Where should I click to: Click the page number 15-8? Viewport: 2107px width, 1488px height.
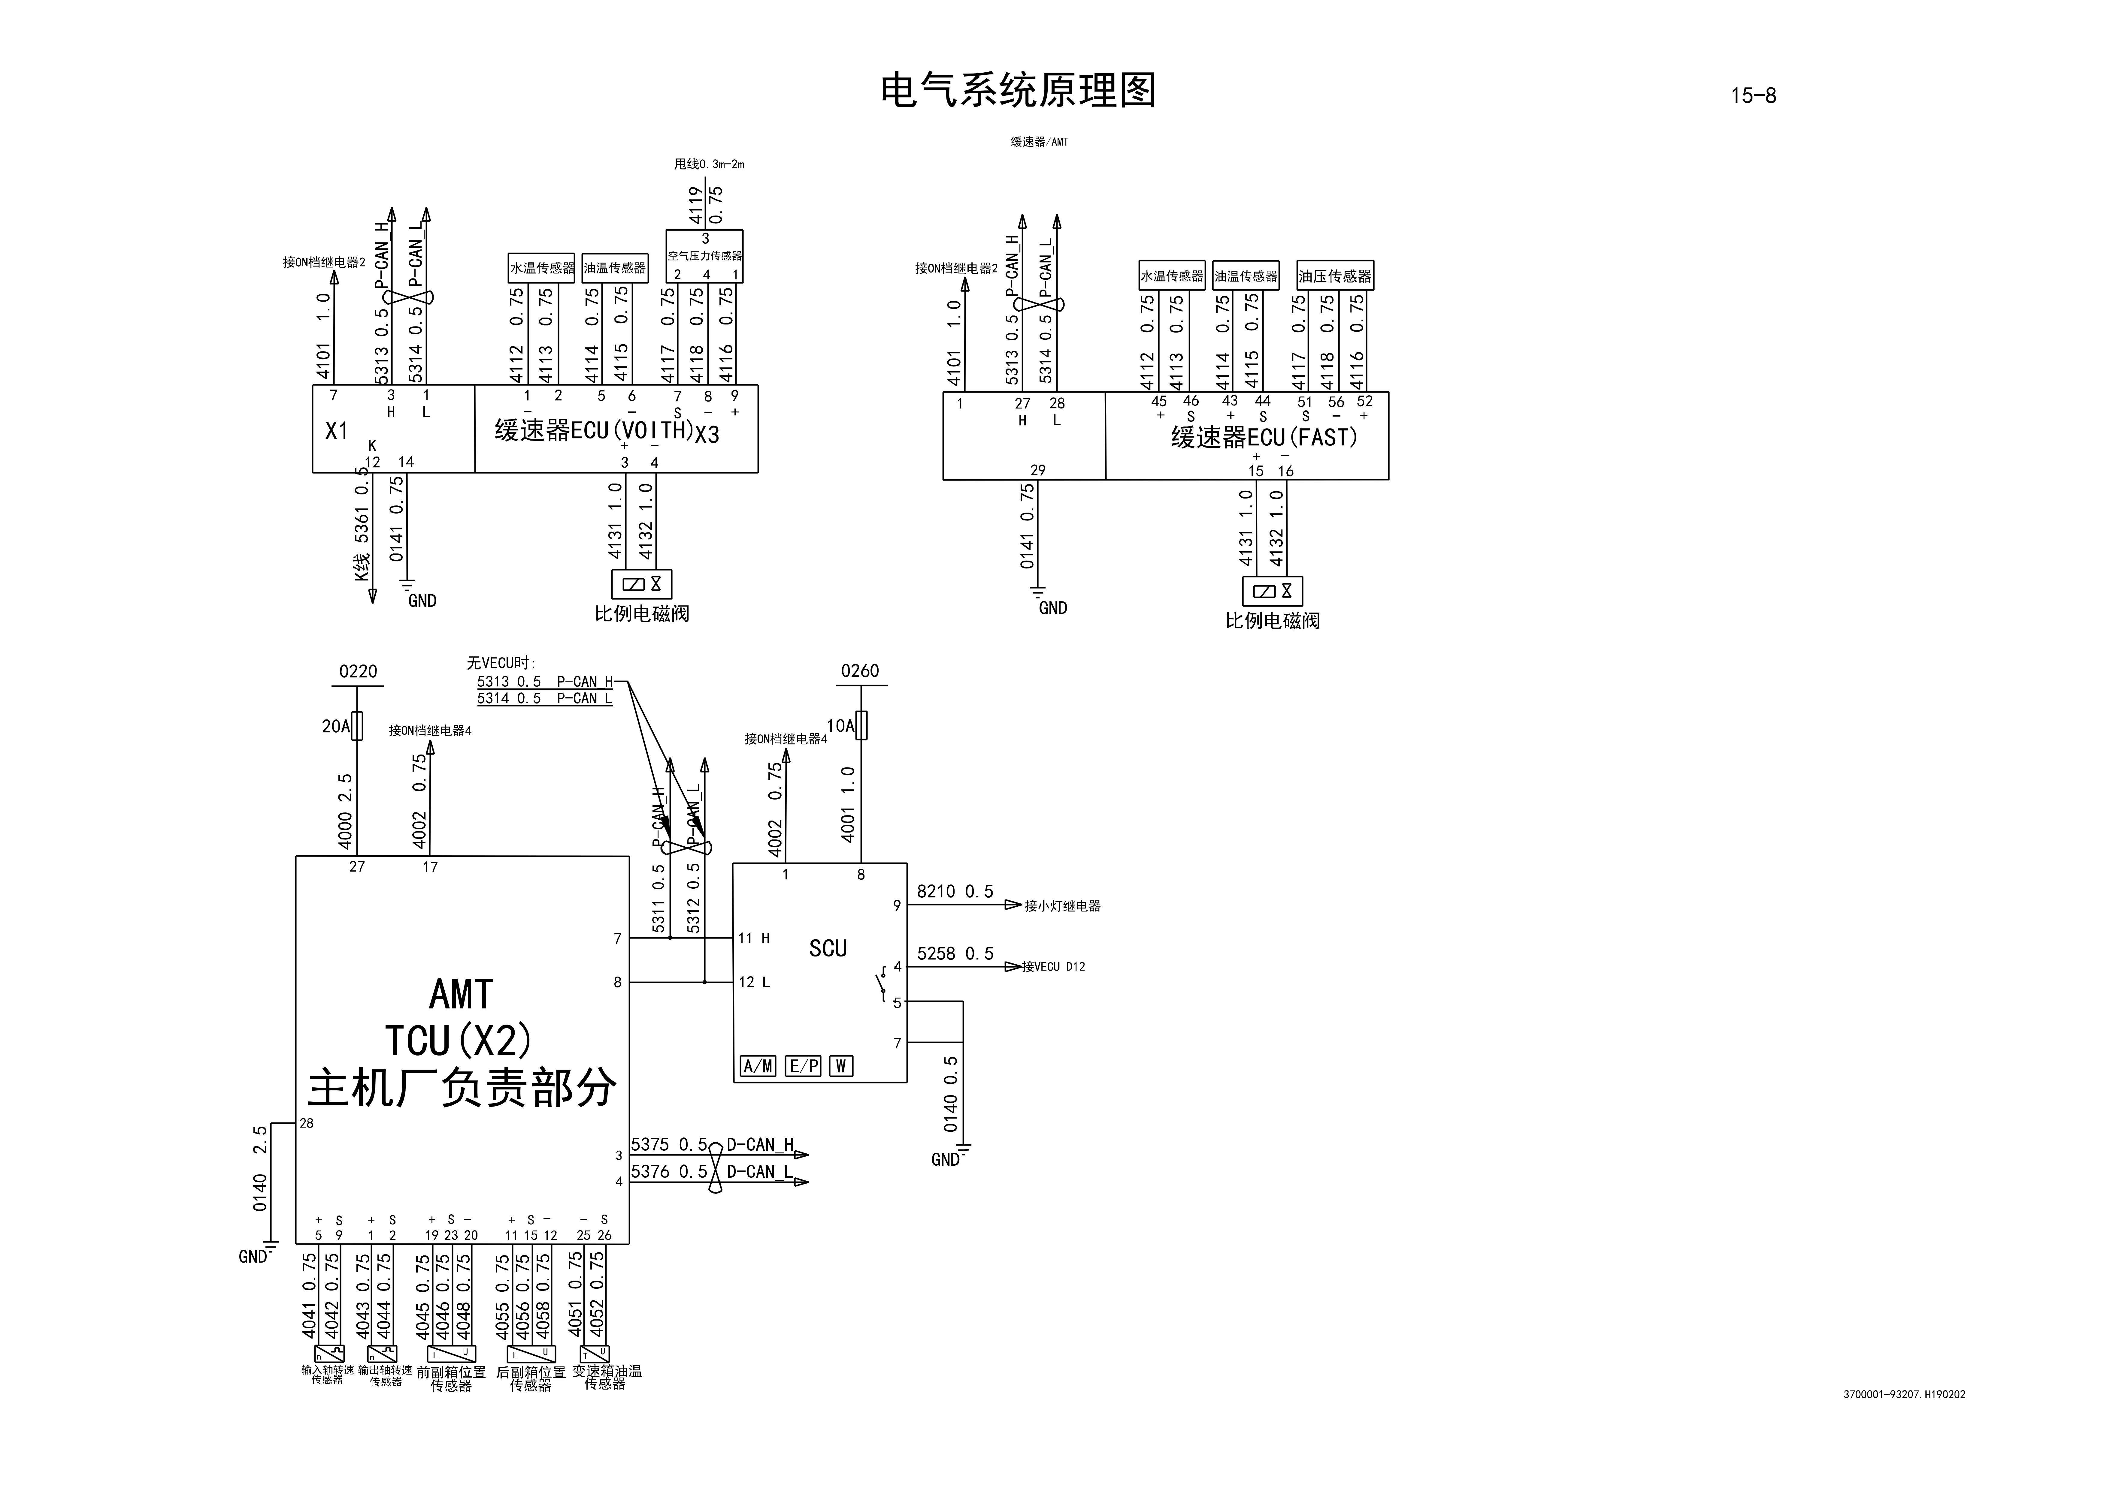pos(1753,95)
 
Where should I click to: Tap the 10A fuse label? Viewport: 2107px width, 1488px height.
pos(840,727)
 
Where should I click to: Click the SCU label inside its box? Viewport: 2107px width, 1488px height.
pos(828,949)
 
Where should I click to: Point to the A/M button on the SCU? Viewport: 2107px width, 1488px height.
pos(758,1066)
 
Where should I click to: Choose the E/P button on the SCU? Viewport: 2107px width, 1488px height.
pos(803,1066)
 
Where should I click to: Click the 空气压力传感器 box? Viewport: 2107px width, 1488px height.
pos(705,256)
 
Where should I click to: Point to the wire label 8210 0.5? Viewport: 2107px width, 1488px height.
pos(954,892)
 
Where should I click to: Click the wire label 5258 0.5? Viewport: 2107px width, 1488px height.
pos(954,954)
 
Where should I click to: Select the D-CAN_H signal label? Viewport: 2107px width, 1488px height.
pos(760,1145)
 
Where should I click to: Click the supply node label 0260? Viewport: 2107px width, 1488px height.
pos(860,672)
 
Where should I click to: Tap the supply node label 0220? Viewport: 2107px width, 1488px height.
pos(358,672)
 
